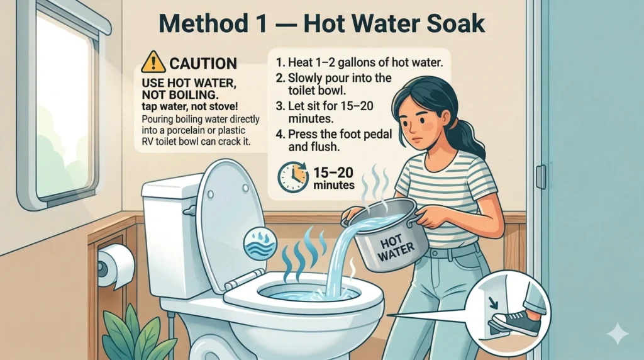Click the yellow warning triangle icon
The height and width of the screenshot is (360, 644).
click(153, 62)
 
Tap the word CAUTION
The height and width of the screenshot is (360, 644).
click(203, 64)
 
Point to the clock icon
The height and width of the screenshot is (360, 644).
click(293, 177)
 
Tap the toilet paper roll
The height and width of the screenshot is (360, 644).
click(116, 266)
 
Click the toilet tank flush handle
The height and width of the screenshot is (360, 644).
click(189, 211)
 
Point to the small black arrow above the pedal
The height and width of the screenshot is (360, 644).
click(493, 303)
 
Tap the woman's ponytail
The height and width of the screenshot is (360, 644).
click(472, 135)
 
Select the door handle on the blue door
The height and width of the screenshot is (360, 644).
click(541, 177)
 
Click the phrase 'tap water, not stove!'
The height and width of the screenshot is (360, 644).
click(190, 106)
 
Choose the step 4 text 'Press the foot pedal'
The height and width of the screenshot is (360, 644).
click(340, 134)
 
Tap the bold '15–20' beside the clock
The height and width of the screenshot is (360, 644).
click(333, 172)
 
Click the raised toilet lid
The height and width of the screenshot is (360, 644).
click(230, 222)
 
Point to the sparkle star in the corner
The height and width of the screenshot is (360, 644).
click(618, 334)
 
